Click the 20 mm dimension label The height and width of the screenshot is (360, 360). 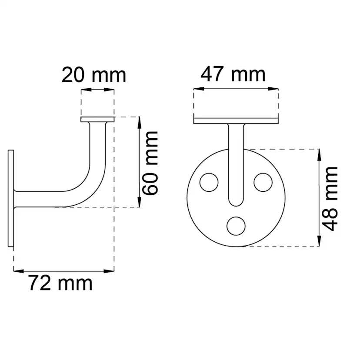pos(94,75)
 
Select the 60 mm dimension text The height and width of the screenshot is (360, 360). pos(150,163)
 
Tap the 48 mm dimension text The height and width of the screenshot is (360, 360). pos(330,199)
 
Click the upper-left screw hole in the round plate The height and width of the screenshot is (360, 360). pos(209,182)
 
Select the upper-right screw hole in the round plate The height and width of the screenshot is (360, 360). pos(263,182)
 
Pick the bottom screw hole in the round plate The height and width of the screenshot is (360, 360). pos(236,226)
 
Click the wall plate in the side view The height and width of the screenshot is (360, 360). pos(11,198)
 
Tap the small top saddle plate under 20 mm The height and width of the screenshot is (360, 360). pos(97,120)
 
